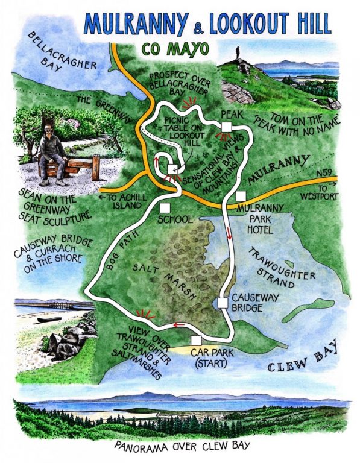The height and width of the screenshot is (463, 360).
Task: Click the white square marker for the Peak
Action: point(226,127)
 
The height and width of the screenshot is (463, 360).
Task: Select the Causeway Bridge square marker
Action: point(223,303)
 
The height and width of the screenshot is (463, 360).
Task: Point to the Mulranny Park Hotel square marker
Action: point(241,195)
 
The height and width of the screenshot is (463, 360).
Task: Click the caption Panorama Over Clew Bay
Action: point(180,447)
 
